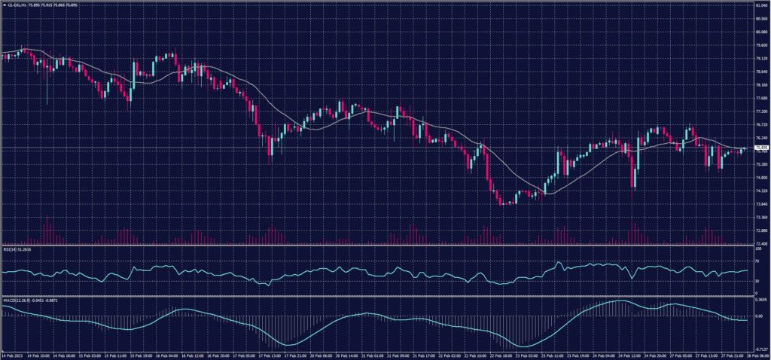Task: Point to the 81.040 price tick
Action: tap(760, 5)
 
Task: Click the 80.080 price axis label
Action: tap(760, 32)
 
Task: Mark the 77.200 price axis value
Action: tap(760, 111)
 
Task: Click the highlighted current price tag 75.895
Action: tap(760, 148)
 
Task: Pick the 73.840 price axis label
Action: tap(760, 204)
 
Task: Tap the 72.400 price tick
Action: tap(760, 243)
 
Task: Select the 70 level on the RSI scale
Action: tap(757, 261)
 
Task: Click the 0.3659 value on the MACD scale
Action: tap(760, 300)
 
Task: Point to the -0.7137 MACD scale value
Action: tap(760, 349)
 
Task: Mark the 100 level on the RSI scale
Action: tap(758, 248)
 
